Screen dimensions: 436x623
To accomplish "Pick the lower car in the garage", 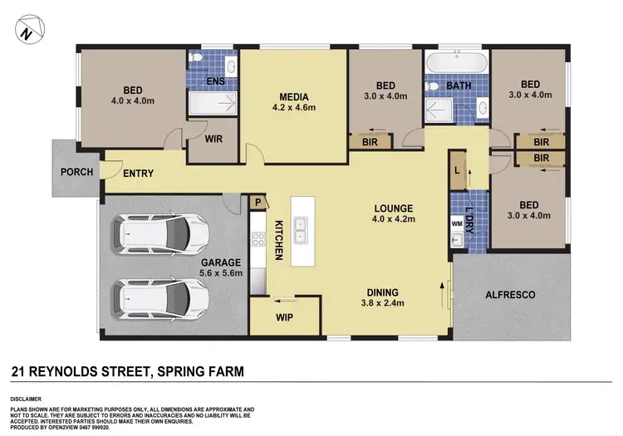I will point(163,295).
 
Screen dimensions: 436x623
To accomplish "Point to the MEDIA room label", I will point(293,100).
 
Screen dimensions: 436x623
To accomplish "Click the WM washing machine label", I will point(457,223).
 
